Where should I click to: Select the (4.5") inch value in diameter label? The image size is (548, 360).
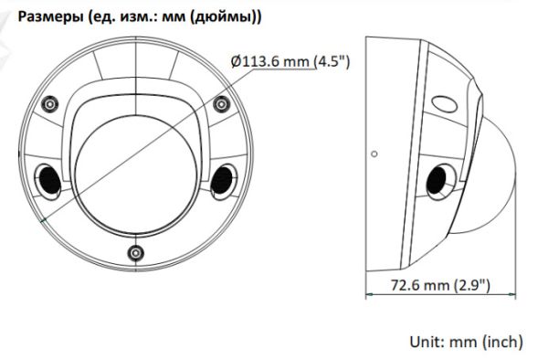333,61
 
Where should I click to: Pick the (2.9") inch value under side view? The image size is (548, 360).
471,285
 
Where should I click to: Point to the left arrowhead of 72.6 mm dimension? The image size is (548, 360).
369,294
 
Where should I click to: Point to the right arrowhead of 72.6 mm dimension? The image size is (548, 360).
515,294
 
